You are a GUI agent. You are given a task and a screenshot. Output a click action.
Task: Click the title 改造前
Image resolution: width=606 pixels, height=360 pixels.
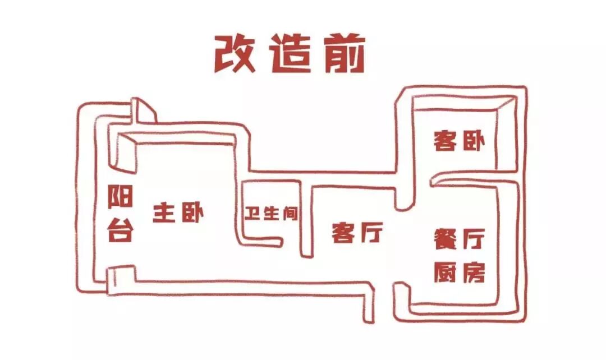[290, 54]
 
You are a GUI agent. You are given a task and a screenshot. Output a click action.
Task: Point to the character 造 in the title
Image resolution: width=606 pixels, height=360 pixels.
[290, 55]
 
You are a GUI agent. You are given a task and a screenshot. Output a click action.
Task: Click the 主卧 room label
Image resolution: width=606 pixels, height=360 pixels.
[178, 214]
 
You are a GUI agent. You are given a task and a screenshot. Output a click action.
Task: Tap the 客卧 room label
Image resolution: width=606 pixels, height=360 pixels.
[459, 141]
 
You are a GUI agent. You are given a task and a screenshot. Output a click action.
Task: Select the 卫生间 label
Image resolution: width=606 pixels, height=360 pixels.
[271, 214]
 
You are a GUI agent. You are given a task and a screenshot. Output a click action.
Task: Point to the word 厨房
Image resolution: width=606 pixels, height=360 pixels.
[459, 273]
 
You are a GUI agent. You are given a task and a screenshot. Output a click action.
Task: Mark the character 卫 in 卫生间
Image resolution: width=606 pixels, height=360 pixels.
[253, 214]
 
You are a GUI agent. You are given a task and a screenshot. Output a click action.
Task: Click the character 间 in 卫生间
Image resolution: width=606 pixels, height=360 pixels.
[289, 214]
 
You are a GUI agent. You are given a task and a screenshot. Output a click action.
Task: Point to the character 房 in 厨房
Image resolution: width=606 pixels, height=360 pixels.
[472, 273]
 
